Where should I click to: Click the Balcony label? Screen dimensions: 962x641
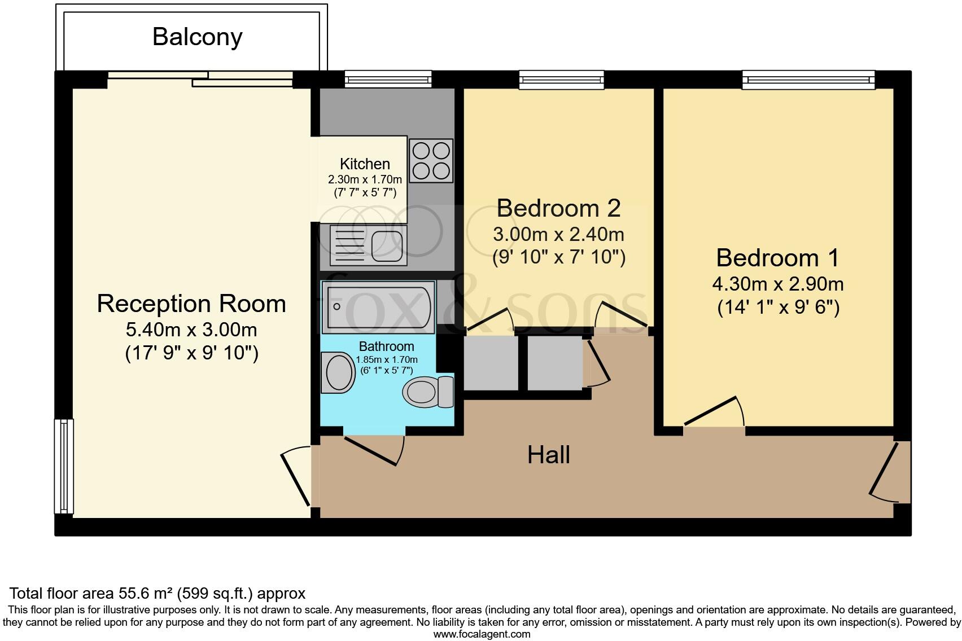click(x=198, y=37)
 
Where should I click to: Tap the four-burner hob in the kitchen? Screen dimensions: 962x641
click(x=431, y=161)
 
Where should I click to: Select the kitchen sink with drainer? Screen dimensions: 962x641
click(x=368, y=245)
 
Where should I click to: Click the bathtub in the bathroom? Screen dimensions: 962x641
click(x=378, y=307)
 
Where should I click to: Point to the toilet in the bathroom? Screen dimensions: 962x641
click(x=428, y=392)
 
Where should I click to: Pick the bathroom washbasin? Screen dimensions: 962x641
click(x=338, y=372)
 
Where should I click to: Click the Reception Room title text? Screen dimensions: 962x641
click(x=191, y=304)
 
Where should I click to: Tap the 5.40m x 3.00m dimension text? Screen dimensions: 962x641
click(x=191, y=330)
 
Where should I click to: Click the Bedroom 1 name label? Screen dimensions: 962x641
click(x=778, y=258)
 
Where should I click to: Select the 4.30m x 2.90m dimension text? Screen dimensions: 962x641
click(x=778, y=284)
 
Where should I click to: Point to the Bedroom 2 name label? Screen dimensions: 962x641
click(x=559, y=209)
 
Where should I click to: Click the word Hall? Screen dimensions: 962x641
click(x=549, y=455)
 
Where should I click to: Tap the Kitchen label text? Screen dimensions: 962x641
click(x=365, y=164)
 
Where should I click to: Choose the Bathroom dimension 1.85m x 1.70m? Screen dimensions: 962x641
click(x=387, y=360)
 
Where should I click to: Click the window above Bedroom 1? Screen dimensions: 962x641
click(x=808, y=80)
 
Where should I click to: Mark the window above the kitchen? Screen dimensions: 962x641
click(x=388, y=80)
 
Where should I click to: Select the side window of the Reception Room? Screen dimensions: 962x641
click(x=64, y=466)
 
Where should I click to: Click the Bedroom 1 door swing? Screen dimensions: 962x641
click(x=714, y=411)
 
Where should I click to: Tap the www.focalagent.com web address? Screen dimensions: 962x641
click(x=482, y=634)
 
